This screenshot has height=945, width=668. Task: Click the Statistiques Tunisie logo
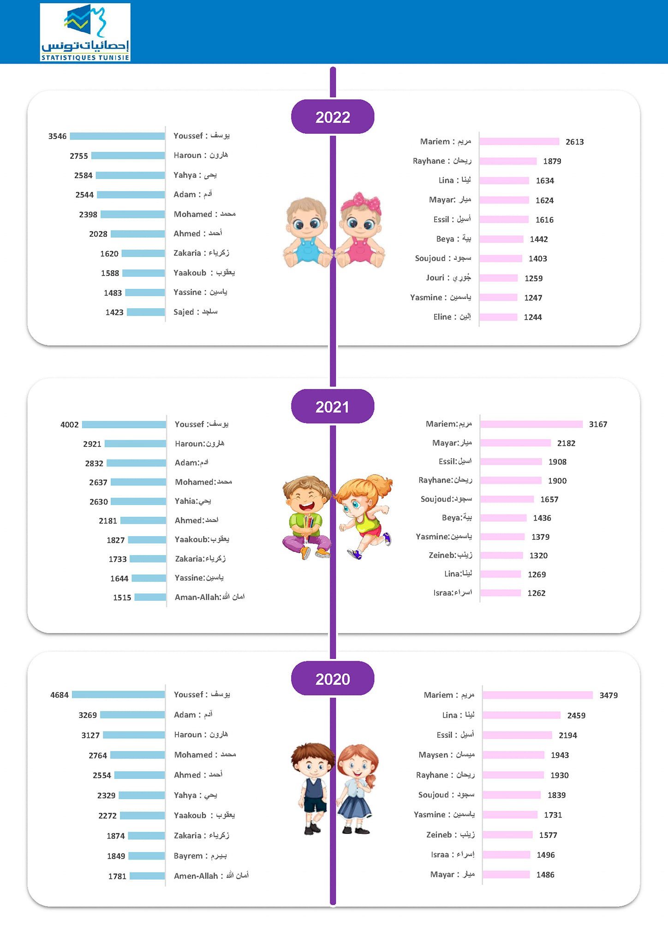[85, 32]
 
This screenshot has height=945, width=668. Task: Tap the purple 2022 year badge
[333, 117]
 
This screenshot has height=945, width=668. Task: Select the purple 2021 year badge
[333, 407]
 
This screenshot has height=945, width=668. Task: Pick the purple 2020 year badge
[333, 679]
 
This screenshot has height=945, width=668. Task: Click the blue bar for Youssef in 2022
[117, 136]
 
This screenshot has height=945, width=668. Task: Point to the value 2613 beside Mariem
[574, 142]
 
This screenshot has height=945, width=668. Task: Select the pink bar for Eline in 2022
[498, 317]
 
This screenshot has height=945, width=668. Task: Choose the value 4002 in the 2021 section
[70, 425]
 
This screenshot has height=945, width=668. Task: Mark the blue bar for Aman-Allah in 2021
[150, 597]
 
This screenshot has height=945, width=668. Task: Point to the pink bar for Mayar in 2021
[515, 443]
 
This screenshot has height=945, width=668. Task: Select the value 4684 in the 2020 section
[60, 695]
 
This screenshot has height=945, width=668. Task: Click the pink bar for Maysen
[513, 755]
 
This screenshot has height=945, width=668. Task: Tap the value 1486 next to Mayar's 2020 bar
[545, 875]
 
